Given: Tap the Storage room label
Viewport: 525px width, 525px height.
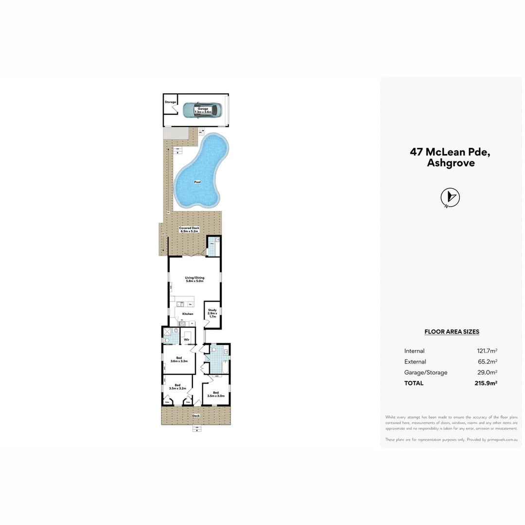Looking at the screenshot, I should coord(170,102).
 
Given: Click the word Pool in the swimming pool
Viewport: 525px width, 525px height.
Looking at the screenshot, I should coord(197,182).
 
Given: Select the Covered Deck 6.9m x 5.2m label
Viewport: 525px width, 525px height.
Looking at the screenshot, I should coord(189,229).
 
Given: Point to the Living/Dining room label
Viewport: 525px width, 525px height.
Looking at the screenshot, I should coord(194,280).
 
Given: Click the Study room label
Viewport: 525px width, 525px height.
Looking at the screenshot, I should coord(212,313).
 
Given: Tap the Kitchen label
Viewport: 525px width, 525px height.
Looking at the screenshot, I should coord(188,314).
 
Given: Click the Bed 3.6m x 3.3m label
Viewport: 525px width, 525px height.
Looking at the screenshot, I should coord(178,360).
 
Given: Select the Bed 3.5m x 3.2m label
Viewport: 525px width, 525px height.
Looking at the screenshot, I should coord(177,387).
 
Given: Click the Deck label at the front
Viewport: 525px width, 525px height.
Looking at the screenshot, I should coord(196,416).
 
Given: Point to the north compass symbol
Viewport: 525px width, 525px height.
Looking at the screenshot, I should coord(450,197).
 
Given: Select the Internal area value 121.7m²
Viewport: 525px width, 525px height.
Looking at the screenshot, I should coord(487,351).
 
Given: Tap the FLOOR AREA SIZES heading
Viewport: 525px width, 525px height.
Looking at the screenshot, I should coord(452,332).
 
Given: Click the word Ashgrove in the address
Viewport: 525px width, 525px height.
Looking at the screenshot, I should coord(451,163).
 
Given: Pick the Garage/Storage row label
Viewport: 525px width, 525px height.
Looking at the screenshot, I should coord(426,372).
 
